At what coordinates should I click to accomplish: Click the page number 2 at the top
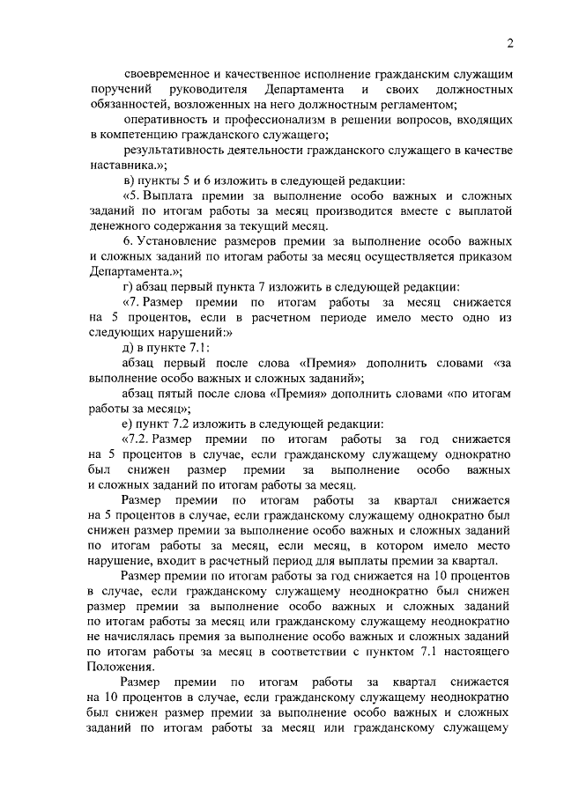pyautogui.click(x=510, y=44)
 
